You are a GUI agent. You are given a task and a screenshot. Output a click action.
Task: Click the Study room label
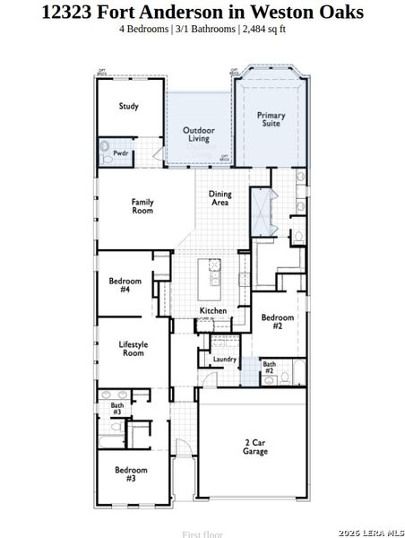[x=129, y=107]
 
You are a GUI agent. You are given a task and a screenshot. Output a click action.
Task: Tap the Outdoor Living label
[x=198, y=134]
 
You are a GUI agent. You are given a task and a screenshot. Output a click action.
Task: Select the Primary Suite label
[x=271, y=119]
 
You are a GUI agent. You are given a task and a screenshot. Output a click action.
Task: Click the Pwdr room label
[x=120, y=154]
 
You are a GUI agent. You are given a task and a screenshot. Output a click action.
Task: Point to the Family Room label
[x=142, y=206]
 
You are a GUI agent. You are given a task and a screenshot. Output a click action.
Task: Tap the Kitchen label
[x=213, y=311]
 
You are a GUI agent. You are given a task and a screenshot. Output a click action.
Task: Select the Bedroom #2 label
[x=278, y=322]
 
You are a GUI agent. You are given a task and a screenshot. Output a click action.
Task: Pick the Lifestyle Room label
[x=133, y=349]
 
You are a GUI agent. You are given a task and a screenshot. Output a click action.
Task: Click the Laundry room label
[x=224, y=360]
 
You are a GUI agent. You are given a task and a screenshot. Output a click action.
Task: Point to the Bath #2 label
[x=269, y=368]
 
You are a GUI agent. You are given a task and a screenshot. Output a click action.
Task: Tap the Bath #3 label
[x=116, y=408]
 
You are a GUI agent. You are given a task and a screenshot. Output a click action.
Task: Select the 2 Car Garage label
[x=255, y=447]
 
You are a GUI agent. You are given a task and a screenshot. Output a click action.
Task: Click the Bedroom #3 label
[x=130, y=473]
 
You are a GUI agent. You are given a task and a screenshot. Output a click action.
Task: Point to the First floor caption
[x=202, y=534]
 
